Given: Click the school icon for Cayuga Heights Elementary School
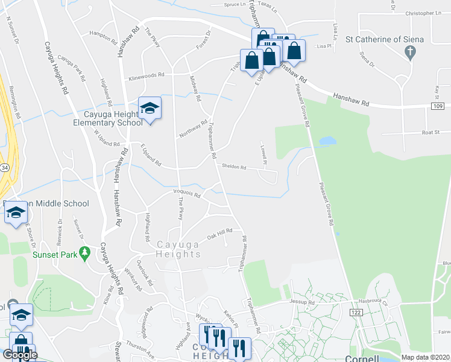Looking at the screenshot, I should coord(150,109).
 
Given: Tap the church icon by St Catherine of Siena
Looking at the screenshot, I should coord(410,52).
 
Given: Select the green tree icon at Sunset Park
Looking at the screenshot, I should coord(86,252).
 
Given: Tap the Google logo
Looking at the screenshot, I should coord(20,355).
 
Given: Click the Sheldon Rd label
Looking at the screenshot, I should coord(234,168).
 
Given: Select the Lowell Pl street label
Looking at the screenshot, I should coord(263,154).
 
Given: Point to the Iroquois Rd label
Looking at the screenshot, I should coord(186,194).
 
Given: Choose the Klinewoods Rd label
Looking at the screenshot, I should coord(145,77).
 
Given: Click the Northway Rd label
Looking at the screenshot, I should coord(193,127).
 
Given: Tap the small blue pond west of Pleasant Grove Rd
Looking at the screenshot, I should coord(327,141).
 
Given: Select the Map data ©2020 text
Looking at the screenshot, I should coord(425,357).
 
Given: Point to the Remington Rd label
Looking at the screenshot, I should coord(14,102).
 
